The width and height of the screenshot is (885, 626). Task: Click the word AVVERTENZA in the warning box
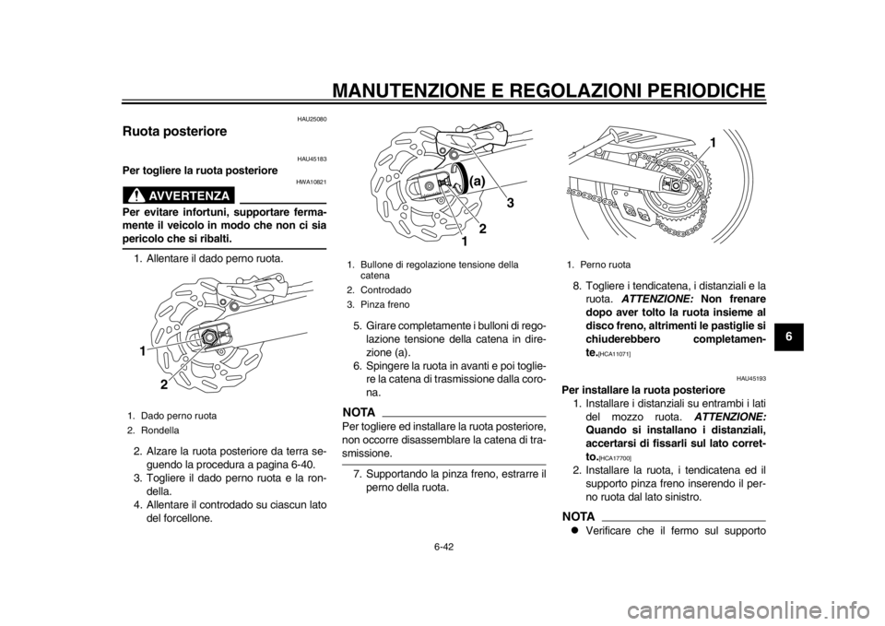coord(196,195)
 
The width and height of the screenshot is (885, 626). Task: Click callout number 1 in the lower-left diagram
coord(143,352)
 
